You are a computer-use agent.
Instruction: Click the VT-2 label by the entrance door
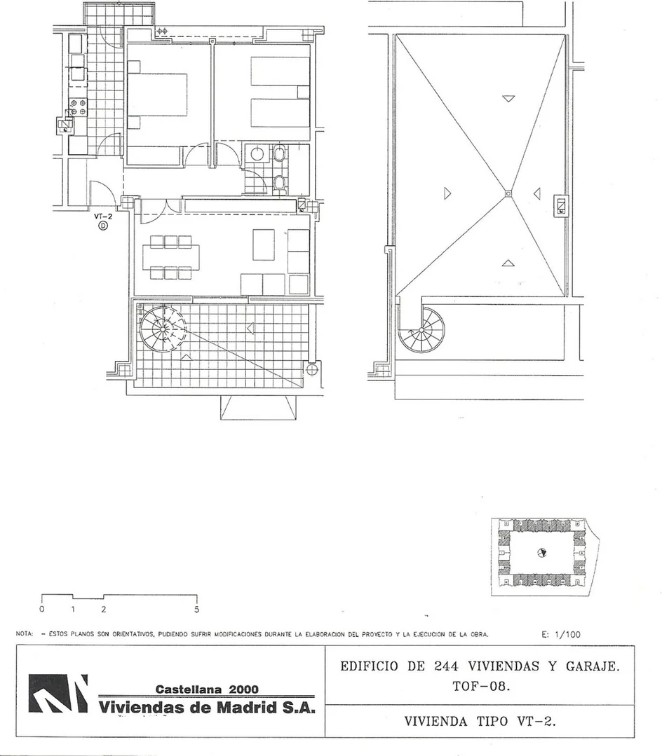coord(103,217)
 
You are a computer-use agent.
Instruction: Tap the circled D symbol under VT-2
coord(103,226)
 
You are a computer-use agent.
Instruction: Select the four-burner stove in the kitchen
coord(78,107)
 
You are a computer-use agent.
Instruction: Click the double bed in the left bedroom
coord(157,95)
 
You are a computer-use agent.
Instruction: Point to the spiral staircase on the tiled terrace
coord(163,330)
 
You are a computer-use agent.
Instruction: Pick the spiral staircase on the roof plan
coord(421,330)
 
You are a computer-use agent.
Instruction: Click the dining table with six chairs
coord(171,257)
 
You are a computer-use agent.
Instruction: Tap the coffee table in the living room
coord(264,245)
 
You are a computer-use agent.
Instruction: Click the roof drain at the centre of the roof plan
coord(508,193)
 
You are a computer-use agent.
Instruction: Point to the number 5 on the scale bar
coord(197,610)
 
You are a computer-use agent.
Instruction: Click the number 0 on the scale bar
coord(42,609)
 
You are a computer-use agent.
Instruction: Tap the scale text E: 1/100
coord(561,635)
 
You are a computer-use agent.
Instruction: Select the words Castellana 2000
coord(207,689)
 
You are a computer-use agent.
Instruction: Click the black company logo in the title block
coord(58,694)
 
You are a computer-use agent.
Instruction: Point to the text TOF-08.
coord(480,686)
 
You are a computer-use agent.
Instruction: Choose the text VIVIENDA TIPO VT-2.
coord(480,721)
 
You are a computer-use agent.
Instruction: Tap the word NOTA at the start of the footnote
coord(25,634)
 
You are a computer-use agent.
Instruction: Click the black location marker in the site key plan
coord(542,553)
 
